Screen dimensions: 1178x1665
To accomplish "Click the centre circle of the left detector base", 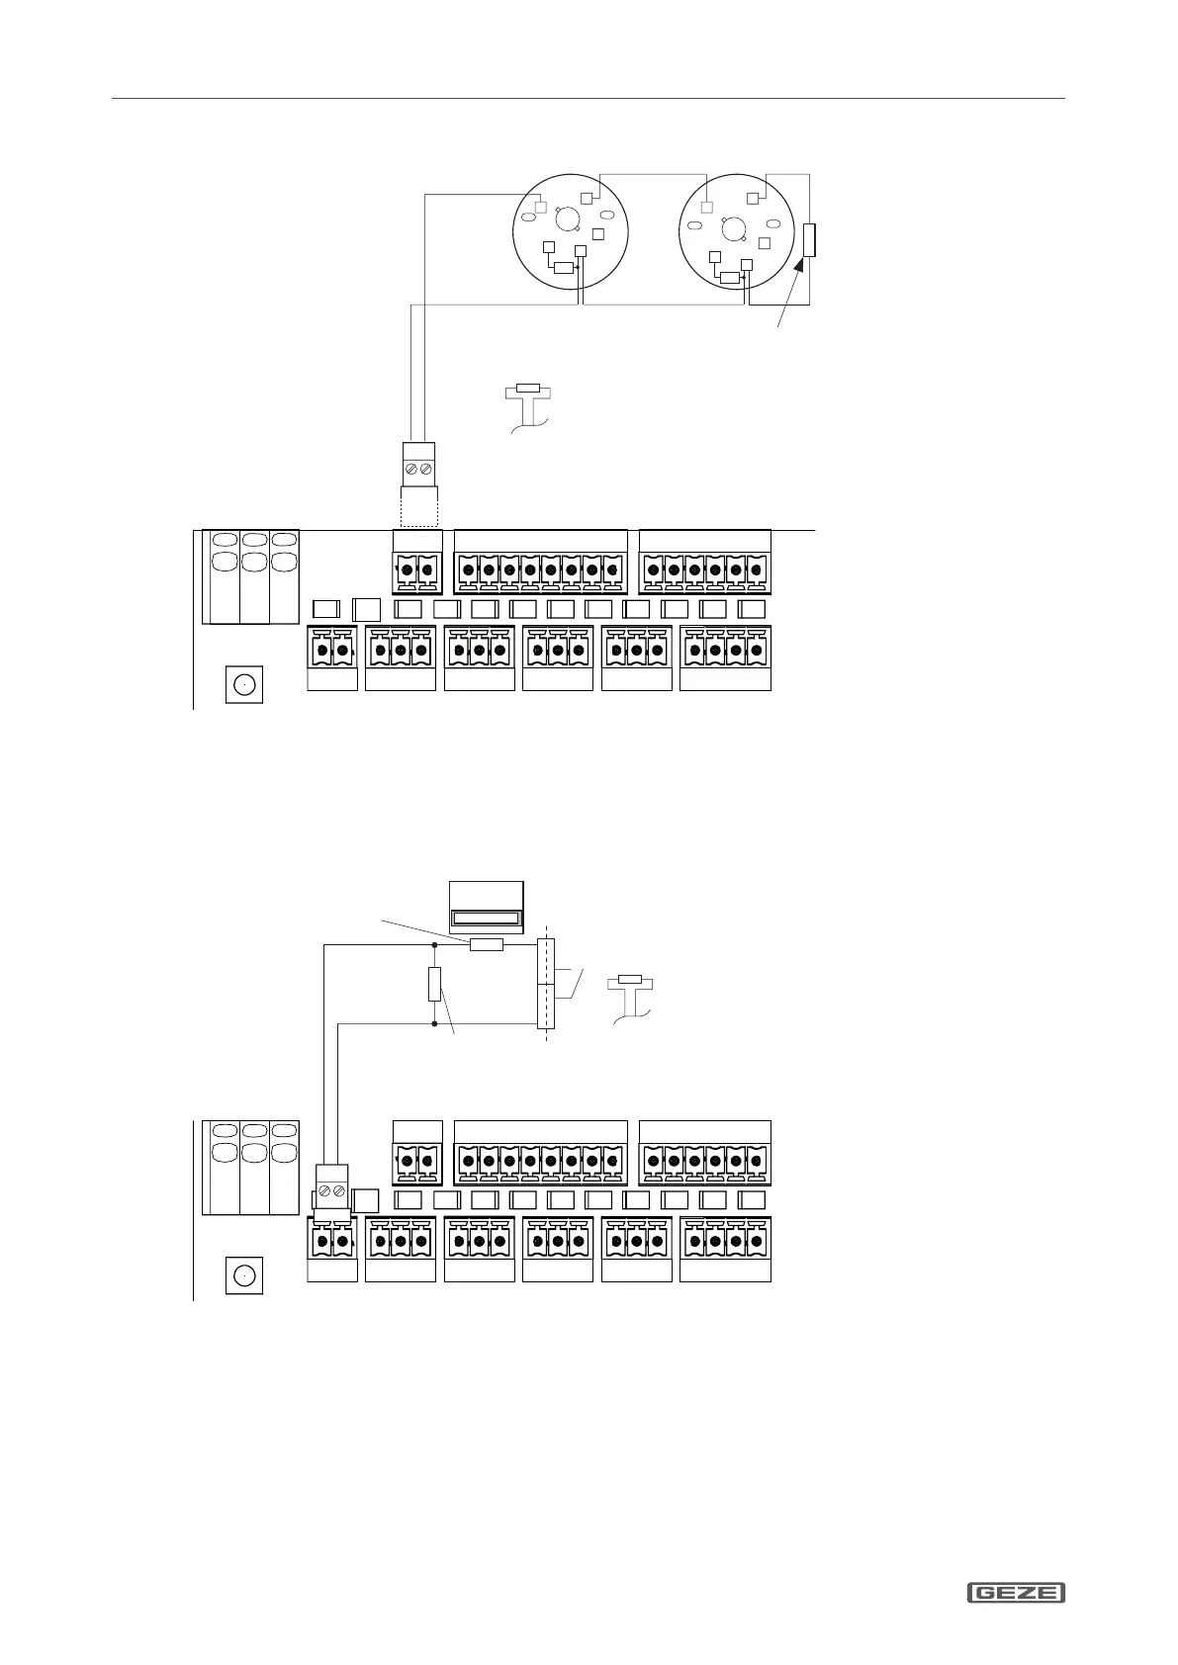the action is click(568, 219).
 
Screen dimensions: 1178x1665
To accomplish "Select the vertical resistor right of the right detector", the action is click(809, 240).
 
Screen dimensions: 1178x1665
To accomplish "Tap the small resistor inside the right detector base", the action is click(731, 277).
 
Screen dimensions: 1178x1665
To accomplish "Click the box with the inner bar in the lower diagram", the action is click(486, 907).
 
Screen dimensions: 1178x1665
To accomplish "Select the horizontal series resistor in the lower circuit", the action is click(486, 944).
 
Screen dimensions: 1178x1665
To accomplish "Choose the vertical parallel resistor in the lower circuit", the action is click(434, 984).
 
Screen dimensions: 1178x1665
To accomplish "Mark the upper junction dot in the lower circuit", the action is click(434, 944).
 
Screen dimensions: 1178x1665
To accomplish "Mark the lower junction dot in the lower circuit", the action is click(434, 1024).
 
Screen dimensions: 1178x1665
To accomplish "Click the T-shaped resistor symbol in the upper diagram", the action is click(528, 391).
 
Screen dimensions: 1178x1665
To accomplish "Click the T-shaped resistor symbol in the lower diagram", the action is click(630, 982).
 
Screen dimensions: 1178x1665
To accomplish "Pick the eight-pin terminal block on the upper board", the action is click(540, 570).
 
